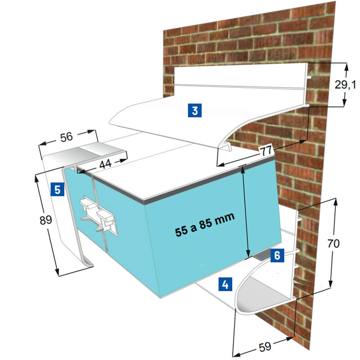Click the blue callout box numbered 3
click(195, 110)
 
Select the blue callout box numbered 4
click(225, 284)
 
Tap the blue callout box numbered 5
click(58, 189)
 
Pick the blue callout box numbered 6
click(277, 255)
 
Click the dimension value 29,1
click(345, 85)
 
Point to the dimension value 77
click(266, 151)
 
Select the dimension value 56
click(66, 137)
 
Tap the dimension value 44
click(105, 164)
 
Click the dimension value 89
click(46, 220)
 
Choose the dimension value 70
click(333, 243)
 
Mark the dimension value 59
click(265, 346)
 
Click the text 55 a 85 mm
click(205, 224)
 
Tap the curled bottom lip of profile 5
click(88, 262)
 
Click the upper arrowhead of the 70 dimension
click(336, 202)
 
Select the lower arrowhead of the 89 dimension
click(57, 272)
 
